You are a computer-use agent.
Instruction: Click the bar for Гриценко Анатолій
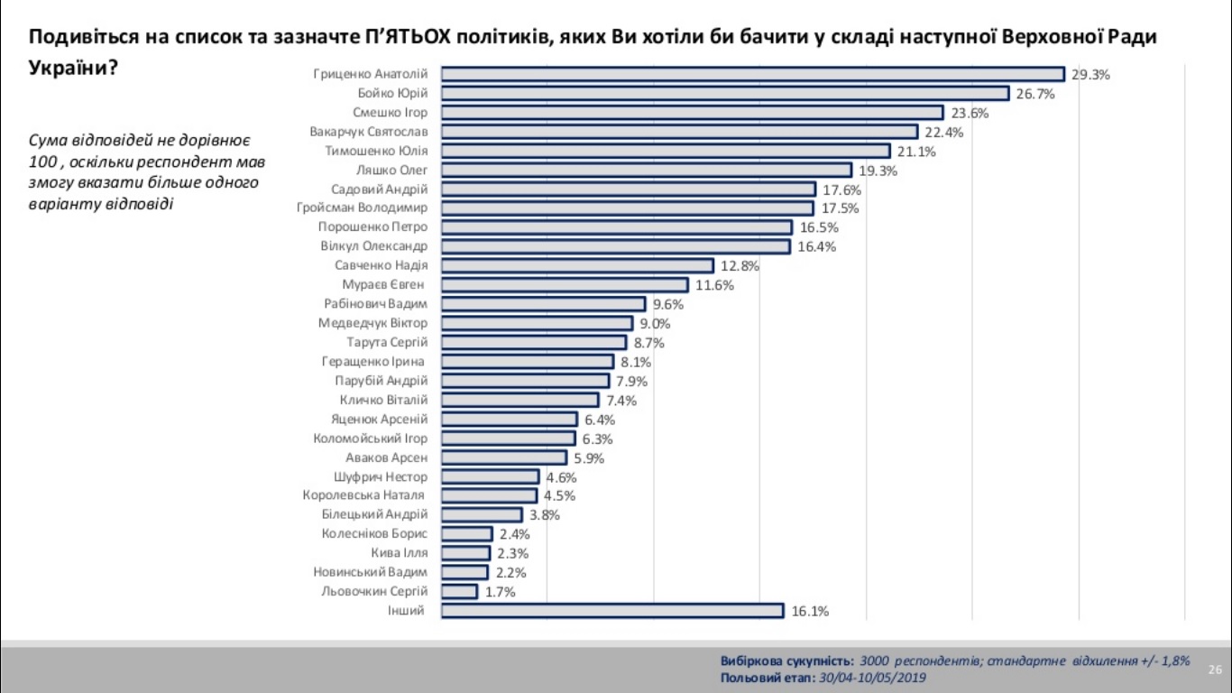pos(753,74)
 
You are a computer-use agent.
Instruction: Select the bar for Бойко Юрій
pos(725,93)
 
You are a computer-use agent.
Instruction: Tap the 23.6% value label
pos(970,113)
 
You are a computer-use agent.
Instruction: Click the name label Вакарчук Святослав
pos(368,132)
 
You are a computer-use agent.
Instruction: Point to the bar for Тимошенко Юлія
pos(666,151)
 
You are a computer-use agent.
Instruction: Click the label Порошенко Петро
pos(372,226)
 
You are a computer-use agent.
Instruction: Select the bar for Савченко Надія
pos(577,265)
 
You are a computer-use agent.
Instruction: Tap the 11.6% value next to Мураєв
pos(714,285)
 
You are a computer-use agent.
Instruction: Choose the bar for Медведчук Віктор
pos(537,323)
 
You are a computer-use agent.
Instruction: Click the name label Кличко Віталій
pos(383,400)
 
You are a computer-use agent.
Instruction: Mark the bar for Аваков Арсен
pos(504,457)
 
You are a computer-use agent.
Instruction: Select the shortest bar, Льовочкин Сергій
pos(459,591)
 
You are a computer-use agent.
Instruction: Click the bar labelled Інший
pos(612,611)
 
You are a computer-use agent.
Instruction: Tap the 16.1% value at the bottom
pos(809,611)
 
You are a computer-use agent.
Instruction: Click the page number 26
pos(1215,670)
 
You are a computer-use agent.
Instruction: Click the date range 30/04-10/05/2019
pos(871,678)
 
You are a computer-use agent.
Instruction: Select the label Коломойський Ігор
pos(370,439)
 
